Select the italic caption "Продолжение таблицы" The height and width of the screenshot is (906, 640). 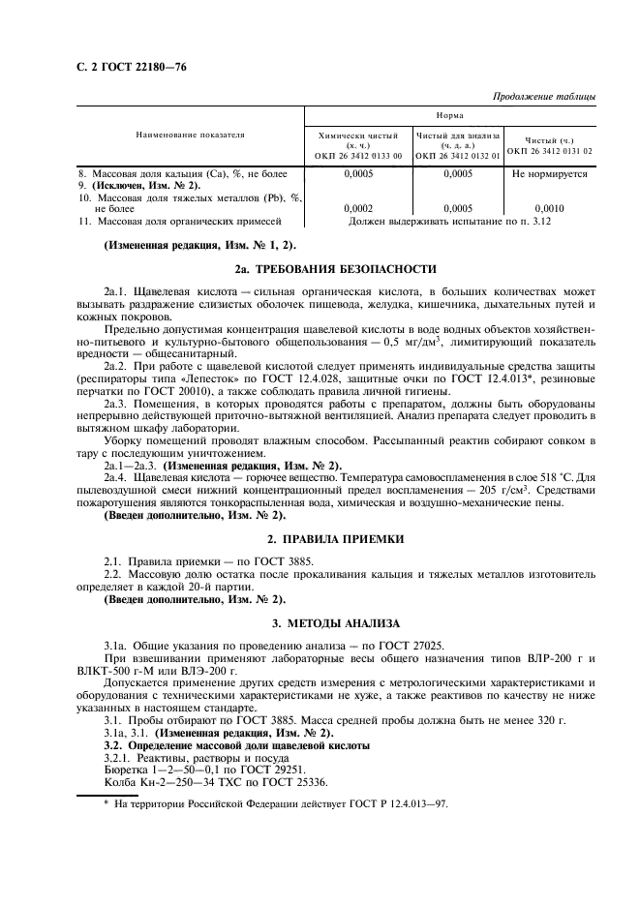point(543,97)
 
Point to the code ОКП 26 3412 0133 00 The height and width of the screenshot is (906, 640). point(358,155)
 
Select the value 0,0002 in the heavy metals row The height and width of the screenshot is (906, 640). point(358,208)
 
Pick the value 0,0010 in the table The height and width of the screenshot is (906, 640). point(548,208)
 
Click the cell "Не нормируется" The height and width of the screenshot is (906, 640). point(549,174)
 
